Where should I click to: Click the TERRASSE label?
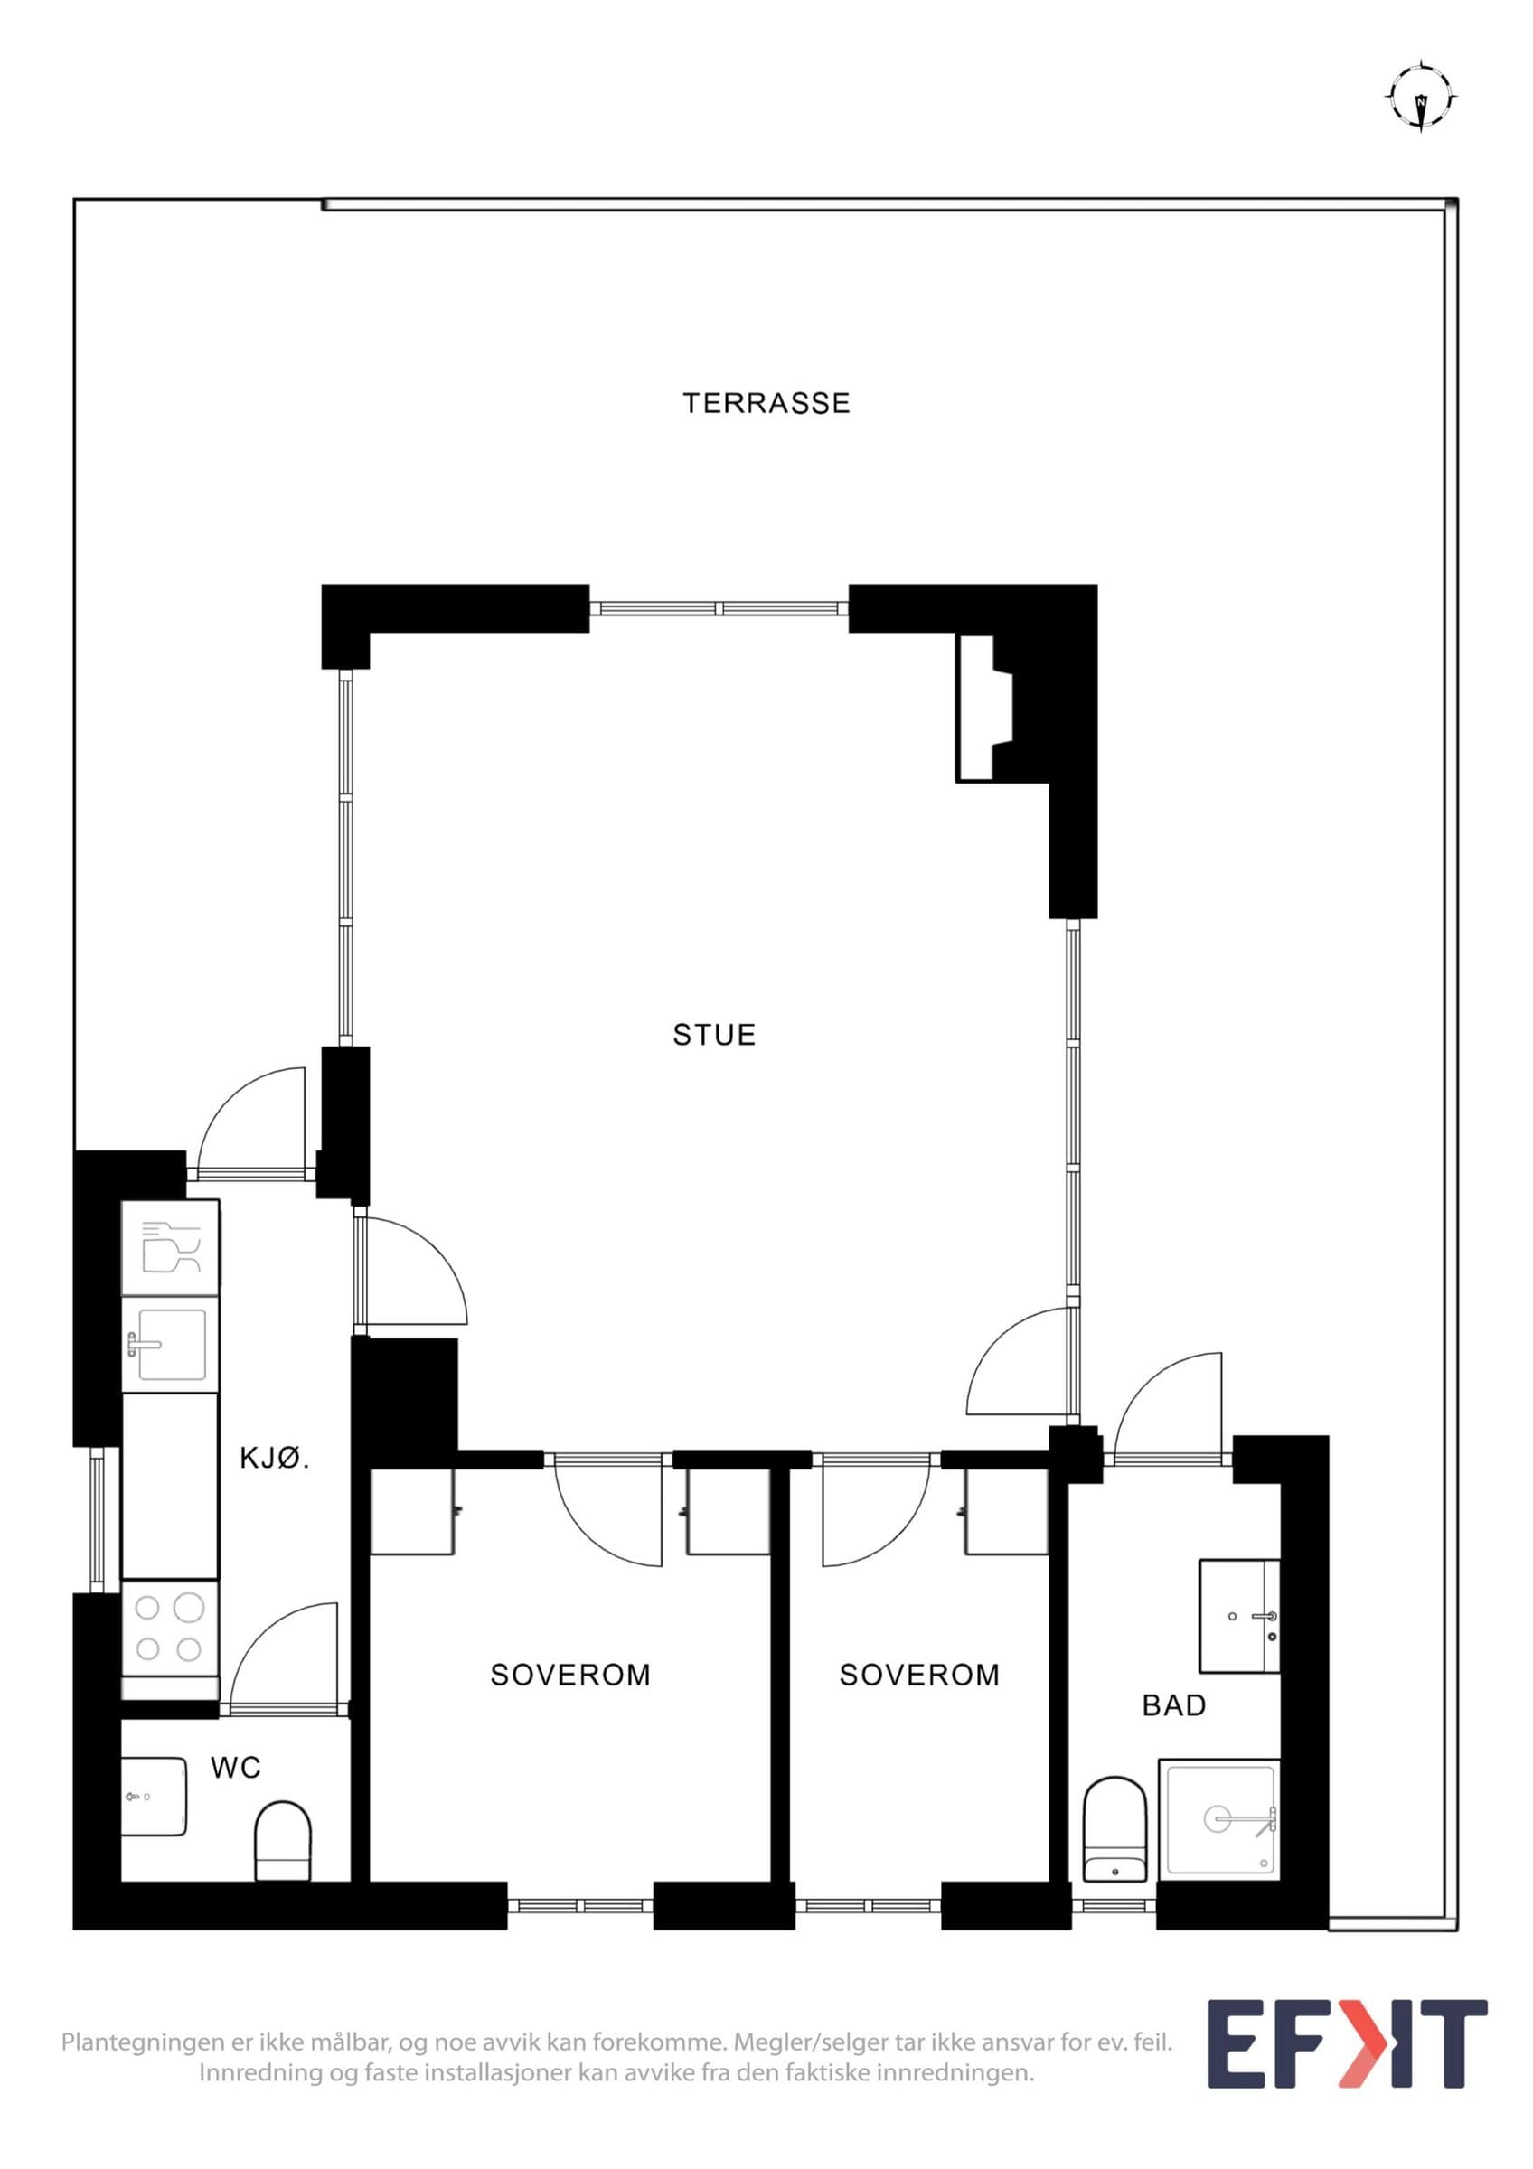tap(766, 403)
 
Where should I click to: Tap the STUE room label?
tap(714, 1035)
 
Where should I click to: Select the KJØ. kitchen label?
tap(275, 1458)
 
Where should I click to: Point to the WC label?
tap(235, 1768)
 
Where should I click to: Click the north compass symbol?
tap(1422, 98)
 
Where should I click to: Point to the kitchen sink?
tap(170, 1344)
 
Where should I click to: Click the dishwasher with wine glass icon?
tap(170, 1248)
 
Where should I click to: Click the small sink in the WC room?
tap(153, 1796)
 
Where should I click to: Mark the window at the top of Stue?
tap(719, 608)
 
